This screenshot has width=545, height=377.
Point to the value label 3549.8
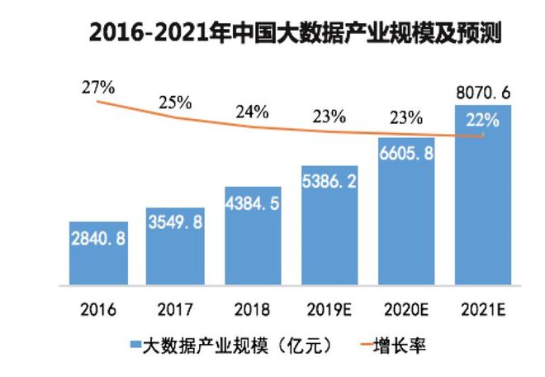coord(174,222)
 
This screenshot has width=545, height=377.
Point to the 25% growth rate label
coord(174,103)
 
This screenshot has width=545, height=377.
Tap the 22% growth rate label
coord(482,120)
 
